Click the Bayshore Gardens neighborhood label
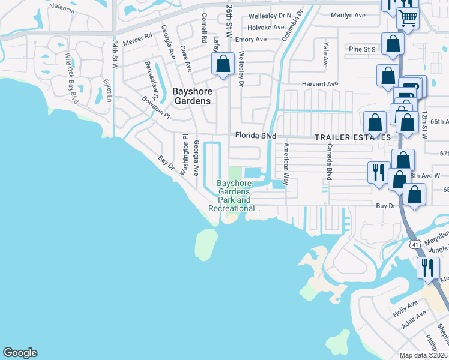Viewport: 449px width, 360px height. [x=192, y=96]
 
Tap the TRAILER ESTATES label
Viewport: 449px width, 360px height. [x=353, y=137]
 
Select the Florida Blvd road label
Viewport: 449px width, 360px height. [x=255, y=136]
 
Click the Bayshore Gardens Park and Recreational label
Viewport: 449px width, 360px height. [x=234, y=196]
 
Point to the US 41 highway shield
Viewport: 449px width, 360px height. [x=414, y=244]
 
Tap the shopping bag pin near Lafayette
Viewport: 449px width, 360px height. [x=223, y=64]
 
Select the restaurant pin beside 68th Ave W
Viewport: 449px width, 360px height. [x=378, y=172]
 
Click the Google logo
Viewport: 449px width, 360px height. [x=20, y=353]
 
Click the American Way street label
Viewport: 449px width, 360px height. [x=286, y=163]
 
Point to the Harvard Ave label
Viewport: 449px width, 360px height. [x=320, y=85]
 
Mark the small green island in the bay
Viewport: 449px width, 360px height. [x=205, y=243]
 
